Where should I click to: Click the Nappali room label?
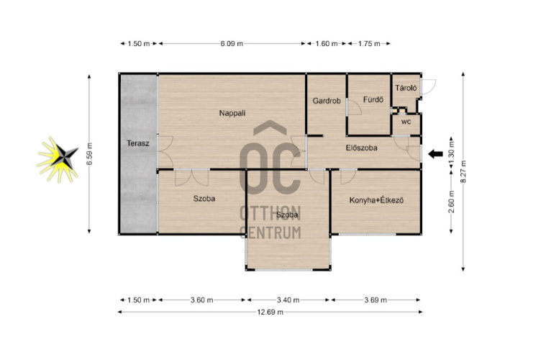tap(232, 113)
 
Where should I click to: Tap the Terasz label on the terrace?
tap(137, 143)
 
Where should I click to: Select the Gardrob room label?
tap(327, 101)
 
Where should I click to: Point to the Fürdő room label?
tap(373, 100)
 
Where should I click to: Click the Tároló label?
tap(406, 88)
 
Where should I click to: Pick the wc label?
tap(406, 122)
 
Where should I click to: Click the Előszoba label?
tap(361, 148)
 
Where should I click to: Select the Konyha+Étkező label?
tap(376, 200)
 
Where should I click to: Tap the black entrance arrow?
tap(435, 154)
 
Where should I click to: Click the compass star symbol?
tap(58, 159)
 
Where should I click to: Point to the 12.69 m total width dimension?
tap(270, 312)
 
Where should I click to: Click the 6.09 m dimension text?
tap(232, 44)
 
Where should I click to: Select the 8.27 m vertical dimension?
tap(463, 171)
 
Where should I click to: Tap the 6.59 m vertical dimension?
tap(89, 153)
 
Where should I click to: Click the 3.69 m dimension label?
tap(376, 300)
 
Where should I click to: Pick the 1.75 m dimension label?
tap(369, 44)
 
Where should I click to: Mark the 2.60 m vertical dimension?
tap(452, 202)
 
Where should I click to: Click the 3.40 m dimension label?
tap(288, 300)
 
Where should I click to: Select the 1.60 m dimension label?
tap(327, 44)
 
